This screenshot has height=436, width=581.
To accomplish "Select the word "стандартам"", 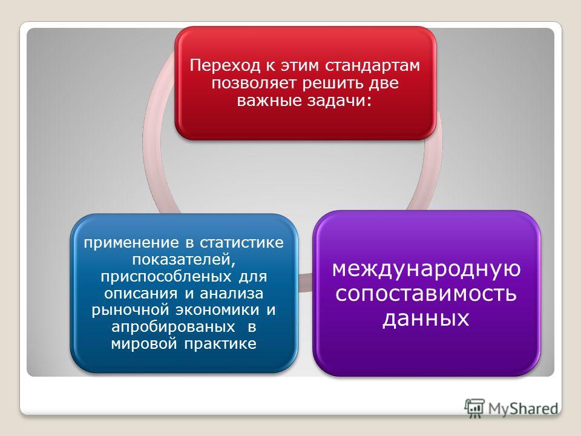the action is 373,65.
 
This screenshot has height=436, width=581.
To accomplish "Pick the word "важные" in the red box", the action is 268,101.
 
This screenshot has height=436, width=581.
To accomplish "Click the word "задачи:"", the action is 339,101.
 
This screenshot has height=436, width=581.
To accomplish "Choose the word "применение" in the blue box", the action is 131,243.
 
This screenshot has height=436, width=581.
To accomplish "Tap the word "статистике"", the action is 242,243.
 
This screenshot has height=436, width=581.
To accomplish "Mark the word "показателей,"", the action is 184,260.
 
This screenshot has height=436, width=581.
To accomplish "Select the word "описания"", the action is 141,294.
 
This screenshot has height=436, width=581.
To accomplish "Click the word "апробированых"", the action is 173,327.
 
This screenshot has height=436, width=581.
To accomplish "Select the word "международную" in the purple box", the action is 426,269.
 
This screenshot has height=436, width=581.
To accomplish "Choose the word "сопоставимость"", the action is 426,293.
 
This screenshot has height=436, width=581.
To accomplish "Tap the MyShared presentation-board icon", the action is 474,408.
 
